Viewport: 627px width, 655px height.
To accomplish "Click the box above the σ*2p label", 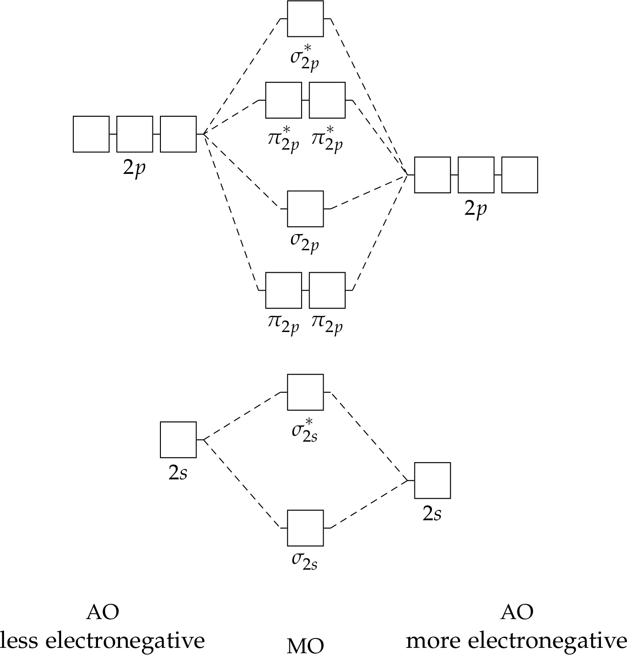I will (x=305, y=18).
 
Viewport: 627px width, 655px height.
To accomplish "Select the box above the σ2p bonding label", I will (x=305, y=208).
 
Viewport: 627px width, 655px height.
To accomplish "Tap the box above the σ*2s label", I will (x=305, y=392).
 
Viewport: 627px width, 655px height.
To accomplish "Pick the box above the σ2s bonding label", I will (x=305, y=528).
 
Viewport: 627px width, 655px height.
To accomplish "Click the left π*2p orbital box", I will (x=283, y=100).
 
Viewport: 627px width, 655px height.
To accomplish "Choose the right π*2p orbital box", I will (x=327, y=100).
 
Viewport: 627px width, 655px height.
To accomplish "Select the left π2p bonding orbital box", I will (x=283, y=290).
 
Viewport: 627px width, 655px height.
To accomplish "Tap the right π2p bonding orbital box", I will (x=327, y=290).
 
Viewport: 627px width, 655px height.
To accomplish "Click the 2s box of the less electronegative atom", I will (x=178, y=439).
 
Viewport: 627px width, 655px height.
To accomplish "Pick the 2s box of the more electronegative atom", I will (x=432, y=480).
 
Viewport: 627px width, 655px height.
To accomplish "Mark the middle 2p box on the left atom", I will (x=135, y=134).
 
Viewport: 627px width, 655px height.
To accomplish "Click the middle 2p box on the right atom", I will (x=476, y=175).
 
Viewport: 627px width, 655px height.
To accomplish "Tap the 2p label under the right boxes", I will (x=476, y=209).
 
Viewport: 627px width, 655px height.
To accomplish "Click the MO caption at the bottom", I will (x=305, y=646).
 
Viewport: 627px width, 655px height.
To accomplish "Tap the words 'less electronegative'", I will (x=102, y=640).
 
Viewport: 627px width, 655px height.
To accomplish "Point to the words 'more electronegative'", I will (x=516, y=640).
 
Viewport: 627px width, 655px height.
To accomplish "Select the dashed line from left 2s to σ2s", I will (x=243, y=483).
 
